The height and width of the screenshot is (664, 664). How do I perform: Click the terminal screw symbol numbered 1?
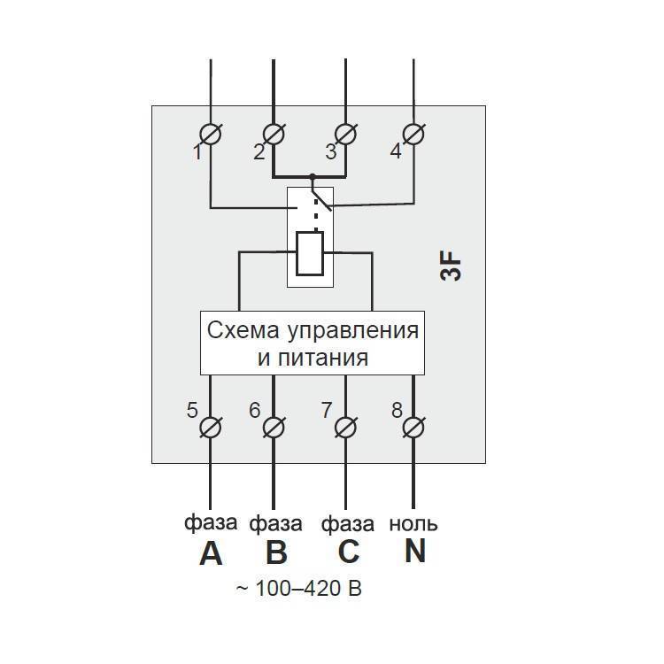coord(211,135)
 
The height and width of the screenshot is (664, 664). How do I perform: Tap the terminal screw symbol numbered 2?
coord(273,135)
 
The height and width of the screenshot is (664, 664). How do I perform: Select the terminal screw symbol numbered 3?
coord(345,135)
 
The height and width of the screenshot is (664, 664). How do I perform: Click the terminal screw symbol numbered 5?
coord(211,428)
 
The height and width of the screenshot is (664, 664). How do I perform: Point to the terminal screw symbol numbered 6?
coord(273,428)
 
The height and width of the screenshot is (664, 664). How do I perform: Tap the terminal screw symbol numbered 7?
coord(345,428)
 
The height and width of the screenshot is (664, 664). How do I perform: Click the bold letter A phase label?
coord(211,553)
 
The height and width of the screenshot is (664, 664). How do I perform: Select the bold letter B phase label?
coord(276,553)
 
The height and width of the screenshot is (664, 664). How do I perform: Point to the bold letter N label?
coord(415,552)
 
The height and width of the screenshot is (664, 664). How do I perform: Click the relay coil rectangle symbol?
coord(310,253)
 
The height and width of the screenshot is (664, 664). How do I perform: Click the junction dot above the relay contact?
coord(311,177)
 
